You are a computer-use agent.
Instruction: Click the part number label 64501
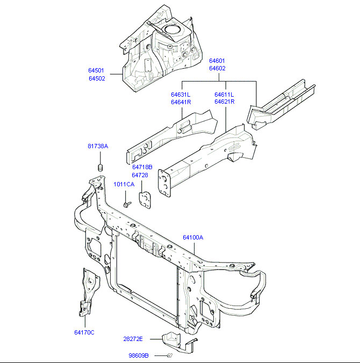(97, 70)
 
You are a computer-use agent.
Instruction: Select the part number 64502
(97, 78)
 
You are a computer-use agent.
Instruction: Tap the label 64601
(217, 61)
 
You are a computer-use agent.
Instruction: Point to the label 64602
(217, 68)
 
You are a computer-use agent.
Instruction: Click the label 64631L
(181, 95)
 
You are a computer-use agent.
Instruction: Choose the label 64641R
(181, 102)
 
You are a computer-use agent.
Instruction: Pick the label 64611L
(224, 95)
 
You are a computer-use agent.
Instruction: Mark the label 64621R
(224, 102)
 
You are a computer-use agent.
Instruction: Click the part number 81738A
(98, 146)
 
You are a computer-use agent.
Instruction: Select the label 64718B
(142, 167)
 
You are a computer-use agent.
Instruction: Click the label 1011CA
(124, 184)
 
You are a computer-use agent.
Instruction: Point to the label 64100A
(193, 237)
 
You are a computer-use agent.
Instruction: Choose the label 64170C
(84, 332)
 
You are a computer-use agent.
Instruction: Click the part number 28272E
(133, 339)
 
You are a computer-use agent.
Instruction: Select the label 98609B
(139, 355)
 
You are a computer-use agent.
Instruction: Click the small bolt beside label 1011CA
(127, 205)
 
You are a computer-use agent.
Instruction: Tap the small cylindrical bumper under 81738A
(100, 169)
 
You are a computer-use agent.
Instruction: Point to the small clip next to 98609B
(170, 355)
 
